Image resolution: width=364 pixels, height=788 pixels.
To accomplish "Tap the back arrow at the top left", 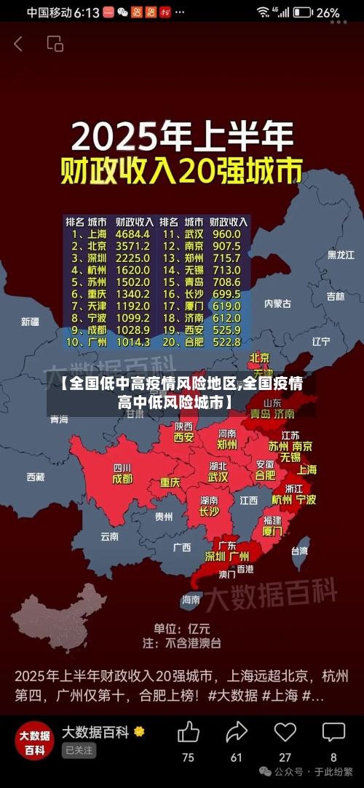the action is (18, 44).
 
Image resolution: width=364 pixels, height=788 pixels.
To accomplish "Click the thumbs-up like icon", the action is (188, 731).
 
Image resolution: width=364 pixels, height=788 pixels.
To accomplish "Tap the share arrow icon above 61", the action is (237, 731).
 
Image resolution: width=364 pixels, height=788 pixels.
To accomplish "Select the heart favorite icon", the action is (285, 731).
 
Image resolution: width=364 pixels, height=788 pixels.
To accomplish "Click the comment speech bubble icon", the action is (333, 731).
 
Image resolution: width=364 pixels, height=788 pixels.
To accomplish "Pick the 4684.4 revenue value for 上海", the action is (132, 234).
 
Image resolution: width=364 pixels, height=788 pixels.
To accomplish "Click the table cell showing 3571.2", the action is (132, 246).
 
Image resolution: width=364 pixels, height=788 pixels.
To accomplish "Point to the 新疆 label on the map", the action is (30, 321).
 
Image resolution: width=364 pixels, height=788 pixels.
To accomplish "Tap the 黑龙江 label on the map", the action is (340, 255).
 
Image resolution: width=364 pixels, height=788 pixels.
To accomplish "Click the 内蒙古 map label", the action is (277, 303).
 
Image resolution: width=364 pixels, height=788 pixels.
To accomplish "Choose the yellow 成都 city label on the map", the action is (122, 479).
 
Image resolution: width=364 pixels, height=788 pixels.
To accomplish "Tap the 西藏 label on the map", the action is (35, 477).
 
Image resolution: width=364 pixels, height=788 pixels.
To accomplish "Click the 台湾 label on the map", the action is (299, 551).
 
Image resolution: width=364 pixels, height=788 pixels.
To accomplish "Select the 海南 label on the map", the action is (191, 600).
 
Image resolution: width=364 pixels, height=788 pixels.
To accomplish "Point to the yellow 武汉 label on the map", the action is (218, 478).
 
